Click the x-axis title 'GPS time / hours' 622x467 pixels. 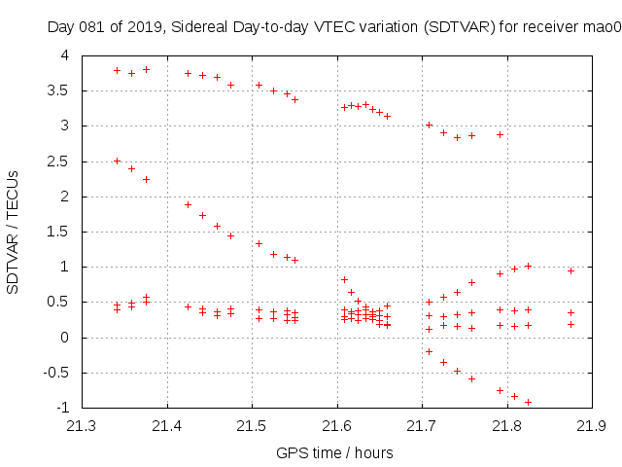coord(334,452)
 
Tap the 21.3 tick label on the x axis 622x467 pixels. coord(82,426)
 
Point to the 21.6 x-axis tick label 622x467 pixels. coord(336,426)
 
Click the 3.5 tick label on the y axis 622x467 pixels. coord(61,90)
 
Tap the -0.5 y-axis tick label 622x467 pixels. coord(58,373)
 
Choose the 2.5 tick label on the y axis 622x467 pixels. coord(61,162)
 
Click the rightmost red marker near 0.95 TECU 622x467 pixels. coord(570,270)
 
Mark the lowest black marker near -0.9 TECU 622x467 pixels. coord(528,402)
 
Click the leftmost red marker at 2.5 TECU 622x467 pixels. coord(117,161)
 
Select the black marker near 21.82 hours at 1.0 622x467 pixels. coord(528,266)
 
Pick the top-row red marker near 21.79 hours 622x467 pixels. coord(500,134)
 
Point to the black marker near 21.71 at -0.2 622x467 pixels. coord(429,351)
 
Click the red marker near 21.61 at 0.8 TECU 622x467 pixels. coord(344,279)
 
